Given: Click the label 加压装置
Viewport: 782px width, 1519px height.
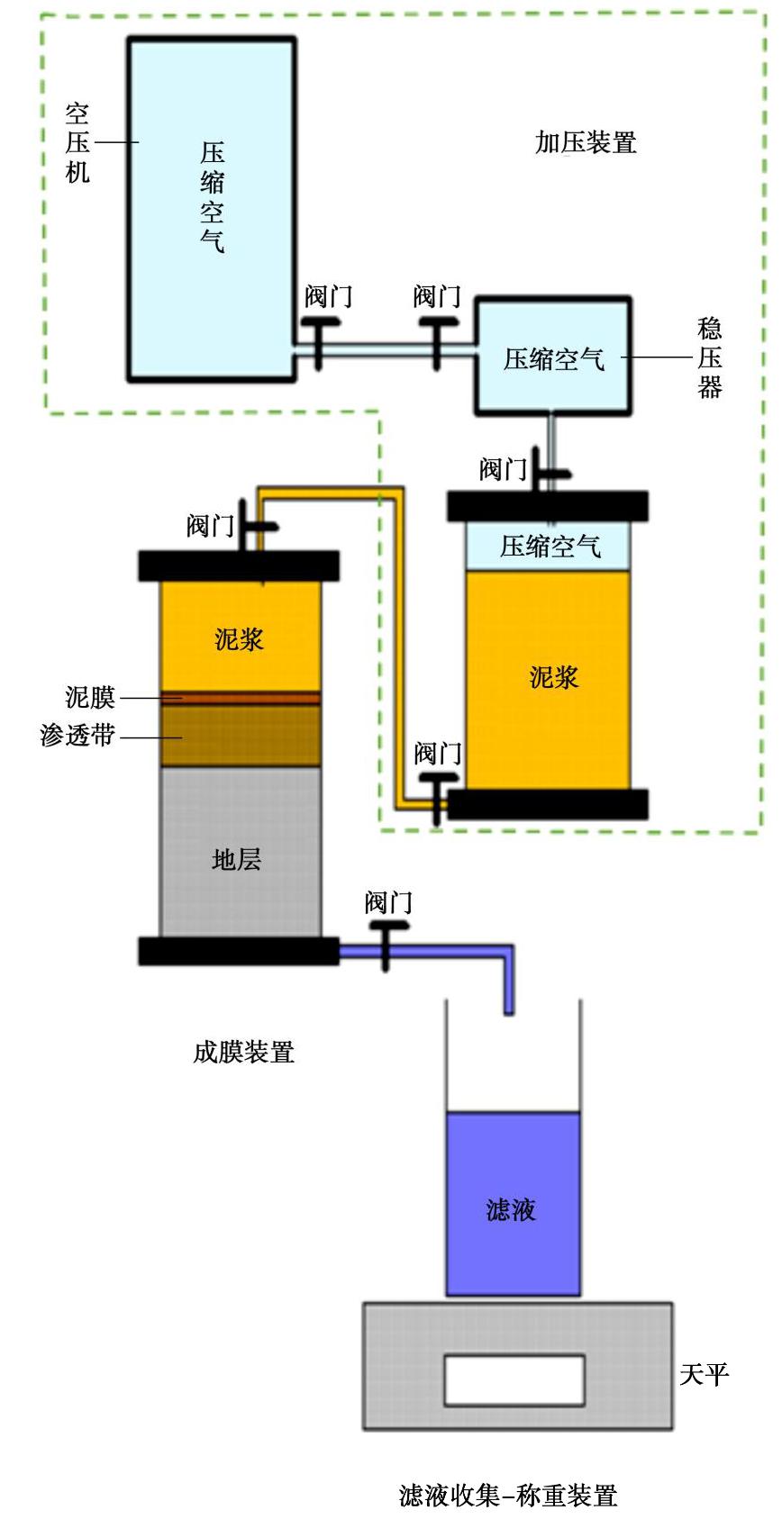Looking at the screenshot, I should (586, 143).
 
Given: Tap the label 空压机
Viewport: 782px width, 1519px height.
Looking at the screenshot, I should (77, 142).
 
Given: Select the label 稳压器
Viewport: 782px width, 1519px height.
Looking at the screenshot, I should (710, 357).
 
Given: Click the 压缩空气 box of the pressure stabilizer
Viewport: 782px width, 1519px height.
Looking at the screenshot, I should (553, 357).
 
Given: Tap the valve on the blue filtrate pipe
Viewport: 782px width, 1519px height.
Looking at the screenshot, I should (386, 944).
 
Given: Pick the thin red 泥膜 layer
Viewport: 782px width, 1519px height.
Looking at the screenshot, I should (241, 698).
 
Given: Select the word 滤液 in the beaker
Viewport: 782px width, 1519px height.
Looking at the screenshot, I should (512, 1208).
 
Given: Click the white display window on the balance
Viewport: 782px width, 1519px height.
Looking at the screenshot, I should (514, 1380).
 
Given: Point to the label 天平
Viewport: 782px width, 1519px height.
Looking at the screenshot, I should (704, 1374).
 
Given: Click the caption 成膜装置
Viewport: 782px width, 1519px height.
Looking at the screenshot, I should (243, 1052).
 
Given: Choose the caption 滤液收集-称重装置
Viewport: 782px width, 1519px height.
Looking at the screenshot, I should (508, 1496).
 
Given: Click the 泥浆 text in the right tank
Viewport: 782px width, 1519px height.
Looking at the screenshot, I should (553, 677).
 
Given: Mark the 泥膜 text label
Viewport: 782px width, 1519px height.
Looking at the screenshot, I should (90, 697).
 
